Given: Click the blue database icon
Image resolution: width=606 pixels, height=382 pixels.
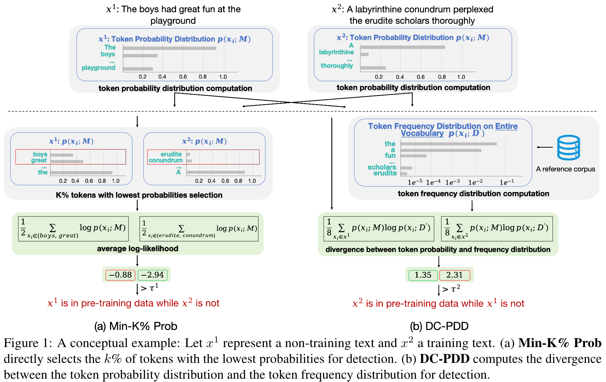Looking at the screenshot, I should point(568,147).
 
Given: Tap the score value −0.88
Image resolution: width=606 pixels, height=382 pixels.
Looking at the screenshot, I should point(120,275).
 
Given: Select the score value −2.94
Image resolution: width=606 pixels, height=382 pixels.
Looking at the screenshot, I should point(152,275).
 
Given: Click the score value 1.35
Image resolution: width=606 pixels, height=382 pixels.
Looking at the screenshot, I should point(423,275).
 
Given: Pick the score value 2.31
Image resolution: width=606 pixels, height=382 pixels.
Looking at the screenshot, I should point(454,275).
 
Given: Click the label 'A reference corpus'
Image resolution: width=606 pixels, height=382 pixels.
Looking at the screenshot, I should point(565,169).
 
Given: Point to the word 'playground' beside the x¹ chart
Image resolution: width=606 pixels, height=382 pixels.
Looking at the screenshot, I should point(99,68).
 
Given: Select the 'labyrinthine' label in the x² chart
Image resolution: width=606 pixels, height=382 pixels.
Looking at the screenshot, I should point(336,52).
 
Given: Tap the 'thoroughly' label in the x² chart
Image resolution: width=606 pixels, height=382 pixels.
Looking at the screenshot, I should point(337,66).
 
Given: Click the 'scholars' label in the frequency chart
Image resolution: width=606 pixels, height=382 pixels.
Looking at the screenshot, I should point(382,167).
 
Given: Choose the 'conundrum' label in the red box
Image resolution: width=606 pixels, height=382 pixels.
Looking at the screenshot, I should point(166,160).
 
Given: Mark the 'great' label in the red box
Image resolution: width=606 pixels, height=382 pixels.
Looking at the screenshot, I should point(39,160).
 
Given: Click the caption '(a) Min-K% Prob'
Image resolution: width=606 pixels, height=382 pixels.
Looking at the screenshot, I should point(136,326).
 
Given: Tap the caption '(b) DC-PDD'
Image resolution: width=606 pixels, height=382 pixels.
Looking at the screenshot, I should point(439,326).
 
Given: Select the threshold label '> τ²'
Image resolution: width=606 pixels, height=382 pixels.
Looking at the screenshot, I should point(451,289).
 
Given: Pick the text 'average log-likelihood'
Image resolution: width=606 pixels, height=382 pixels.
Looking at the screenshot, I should point(137,249).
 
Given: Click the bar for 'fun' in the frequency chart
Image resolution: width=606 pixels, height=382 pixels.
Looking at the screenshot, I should point(414,156).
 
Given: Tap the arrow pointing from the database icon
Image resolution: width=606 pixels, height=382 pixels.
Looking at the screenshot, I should point(545,147).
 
